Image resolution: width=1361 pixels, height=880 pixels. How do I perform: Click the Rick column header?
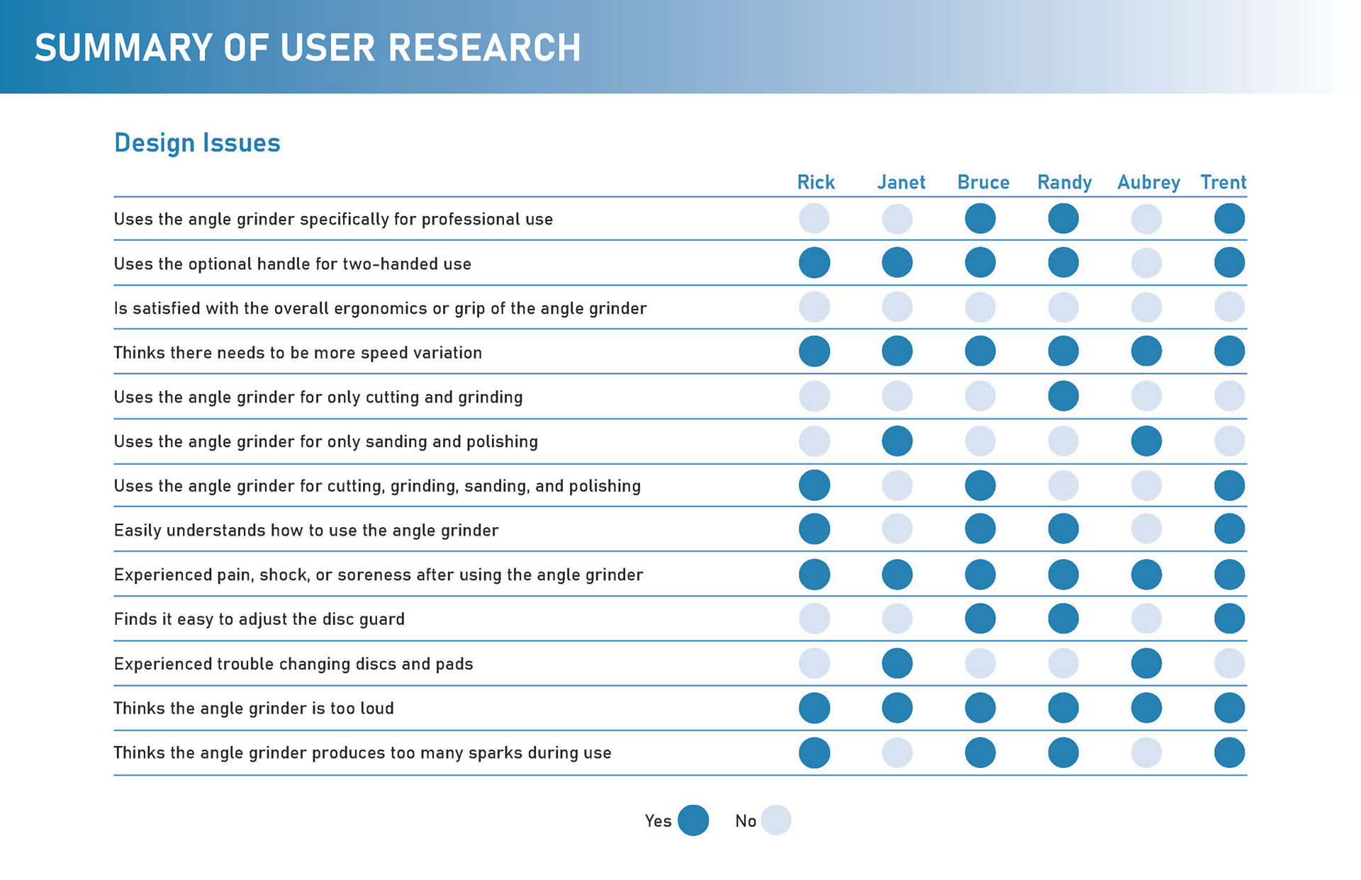click(816, 182)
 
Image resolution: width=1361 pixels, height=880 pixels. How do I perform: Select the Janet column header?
click(901, 182)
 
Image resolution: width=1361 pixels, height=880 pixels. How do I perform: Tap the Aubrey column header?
click(1148, 182)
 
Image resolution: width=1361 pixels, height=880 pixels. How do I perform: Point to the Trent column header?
click(1223, 182)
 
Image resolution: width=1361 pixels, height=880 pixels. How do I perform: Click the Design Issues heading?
click(197, 143)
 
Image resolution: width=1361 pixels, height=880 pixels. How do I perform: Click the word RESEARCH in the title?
click(484, 48)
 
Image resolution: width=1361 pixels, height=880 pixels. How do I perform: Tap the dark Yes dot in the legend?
click(693, 820)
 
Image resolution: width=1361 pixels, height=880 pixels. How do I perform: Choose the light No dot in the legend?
click(776, 820)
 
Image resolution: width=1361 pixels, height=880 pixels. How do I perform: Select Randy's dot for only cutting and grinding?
click(1063, 396)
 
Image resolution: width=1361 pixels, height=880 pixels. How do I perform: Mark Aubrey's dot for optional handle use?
click(1146, 263)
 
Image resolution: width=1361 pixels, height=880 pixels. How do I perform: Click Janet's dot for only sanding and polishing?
click(897, 441)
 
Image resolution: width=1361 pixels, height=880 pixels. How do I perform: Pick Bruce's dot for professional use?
click(980, 218)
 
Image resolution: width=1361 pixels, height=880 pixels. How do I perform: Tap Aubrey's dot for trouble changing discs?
click(1146, 663)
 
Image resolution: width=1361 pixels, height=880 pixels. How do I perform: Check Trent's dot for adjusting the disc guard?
click(1229, 619)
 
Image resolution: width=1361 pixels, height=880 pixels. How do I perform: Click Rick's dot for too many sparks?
click(814, 752)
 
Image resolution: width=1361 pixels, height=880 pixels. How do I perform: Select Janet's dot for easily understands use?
click(897, 529)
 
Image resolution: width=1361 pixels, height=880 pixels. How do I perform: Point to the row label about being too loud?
click(254, 708)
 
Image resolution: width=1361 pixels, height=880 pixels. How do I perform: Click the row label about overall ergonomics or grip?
click(380, 308)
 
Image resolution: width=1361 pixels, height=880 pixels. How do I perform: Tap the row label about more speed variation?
click(298, 353)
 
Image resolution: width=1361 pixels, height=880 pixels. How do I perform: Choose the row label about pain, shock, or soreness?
click(379, 575)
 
